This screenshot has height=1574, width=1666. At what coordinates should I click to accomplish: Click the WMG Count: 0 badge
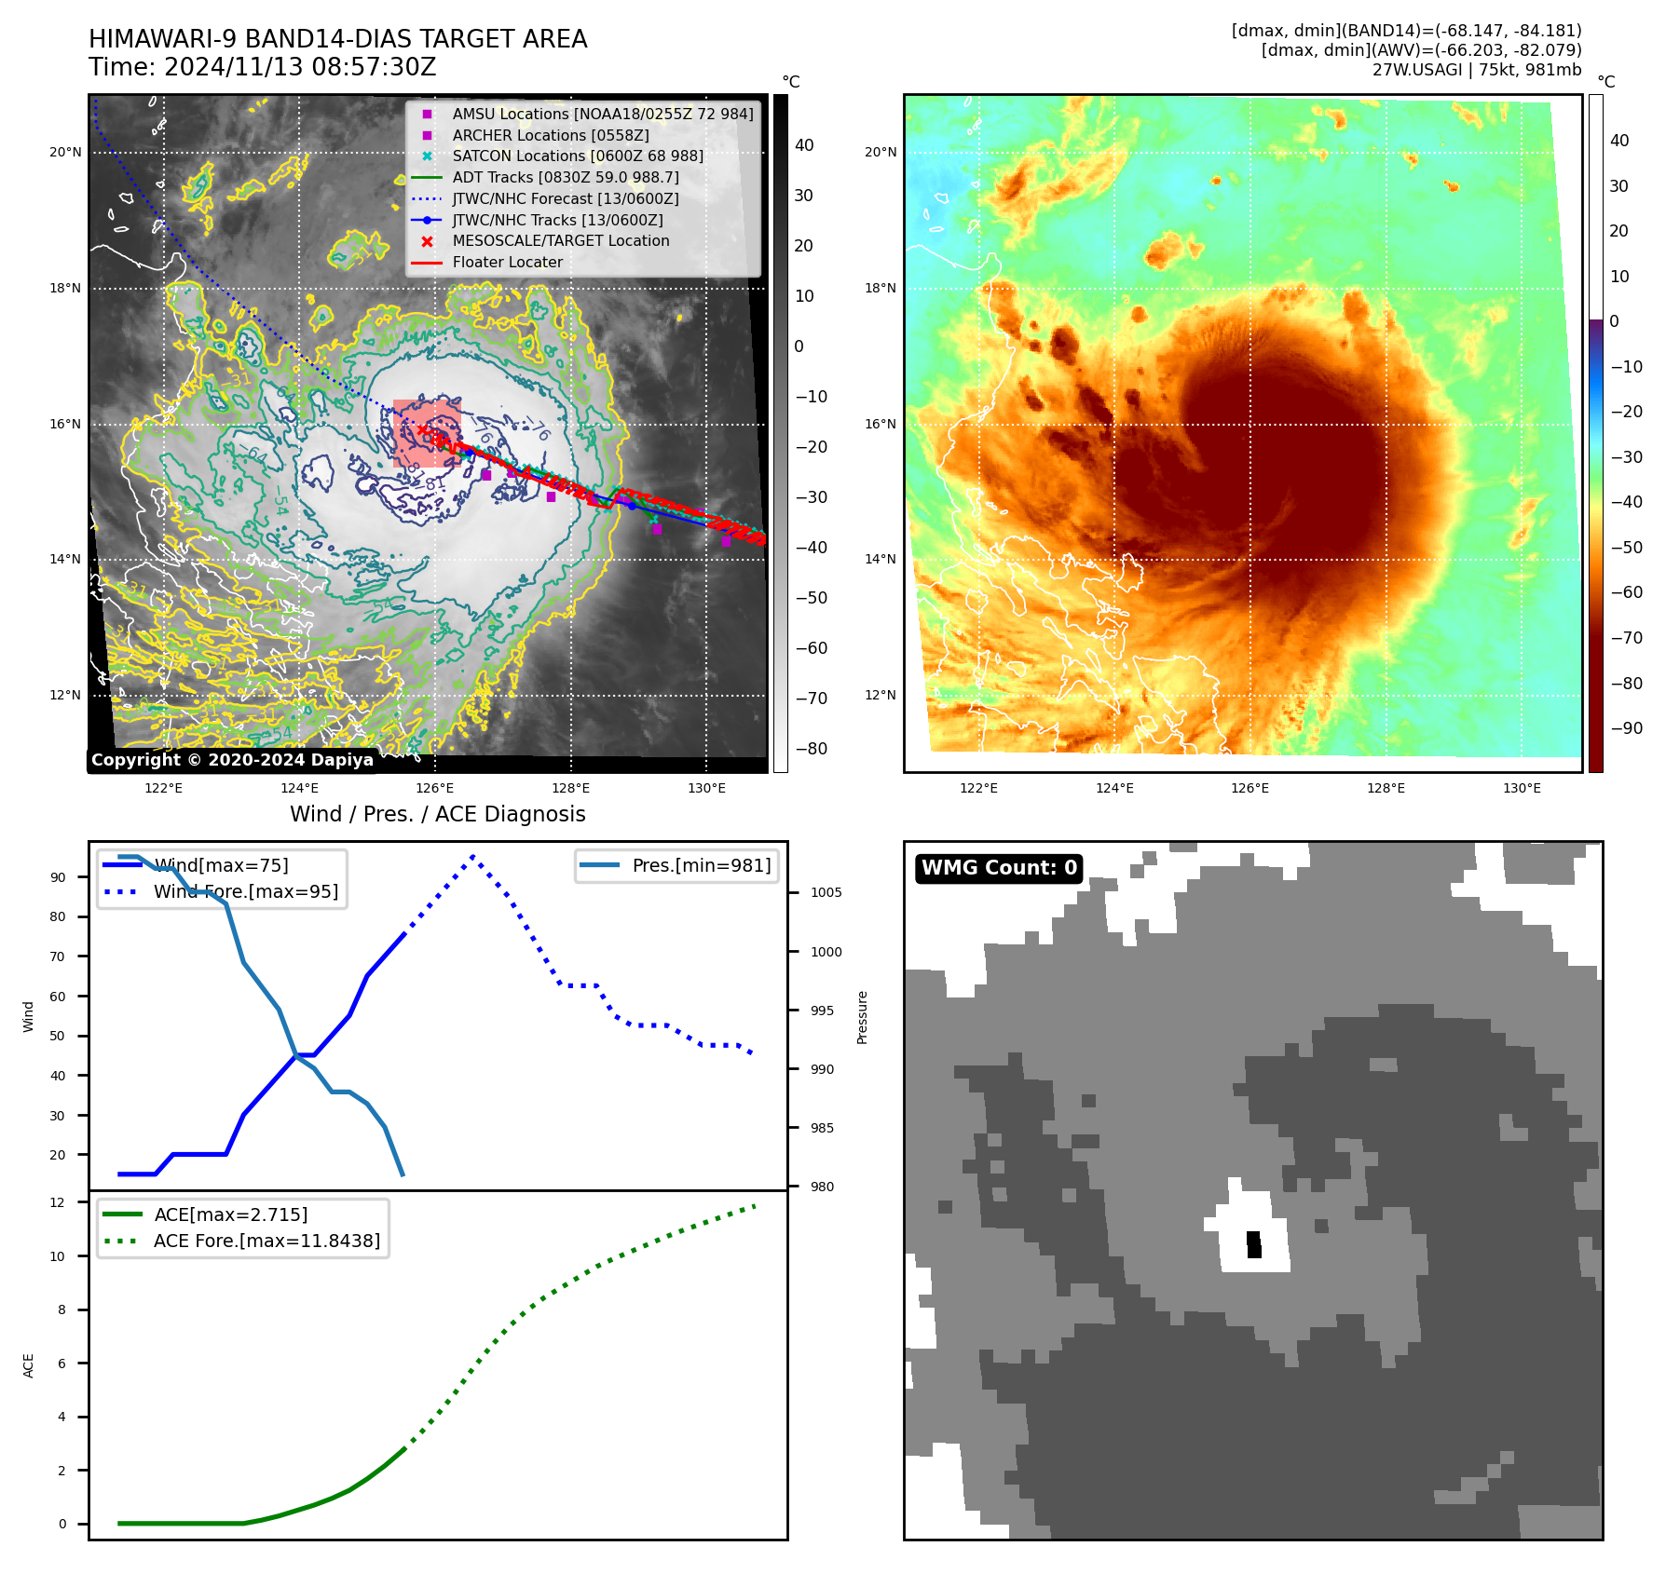(x=999, y=868)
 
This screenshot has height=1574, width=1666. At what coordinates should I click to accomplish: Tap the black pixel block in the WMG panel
(x=1254, y=1244)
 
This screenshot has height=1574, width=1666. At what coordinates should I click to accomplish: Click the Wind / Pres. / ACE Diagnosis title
(x=438, y=814)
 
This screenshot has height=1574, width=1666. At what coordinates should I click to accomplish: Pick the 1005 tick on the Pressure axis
(x=826, y=892)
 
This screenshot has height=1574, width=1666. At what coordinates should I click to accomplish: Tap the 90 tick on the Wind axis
(x=59, y=877)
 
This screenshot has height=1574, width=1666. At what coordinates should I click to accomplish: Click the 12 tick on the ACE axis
(x=58, y=1202)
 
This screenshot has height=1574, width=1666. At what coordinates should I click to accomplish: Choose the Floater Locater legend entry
(x=508, y=262)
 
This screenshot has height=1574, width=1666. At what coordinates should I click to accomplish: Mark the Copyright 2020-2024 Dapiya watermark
(x=232, y=760)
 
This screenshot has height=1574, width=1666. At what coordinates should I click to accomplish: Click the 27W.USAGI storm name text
(x=1417, y=70)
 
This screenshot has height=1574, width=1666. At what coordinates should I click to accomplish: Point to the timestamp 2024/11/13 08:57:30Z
(x=300, y=67)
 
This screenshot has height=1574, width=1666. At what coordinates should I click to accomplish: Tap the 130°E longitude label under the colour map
(x=1522, y=788)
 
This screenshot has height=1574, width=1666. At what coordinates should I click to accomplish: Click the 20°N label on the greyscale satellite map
(x=65, y=152)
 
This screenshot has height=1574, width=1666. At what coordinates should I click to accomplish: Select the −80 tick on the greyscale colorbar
(x=811, y=749)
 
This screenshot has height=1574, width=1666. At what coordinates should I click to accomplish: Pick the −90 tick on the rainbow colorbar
(x=1627, y=728)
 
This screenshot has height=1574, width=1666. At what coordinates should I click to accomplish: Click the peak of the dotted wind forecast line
(x=473, y=856)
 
